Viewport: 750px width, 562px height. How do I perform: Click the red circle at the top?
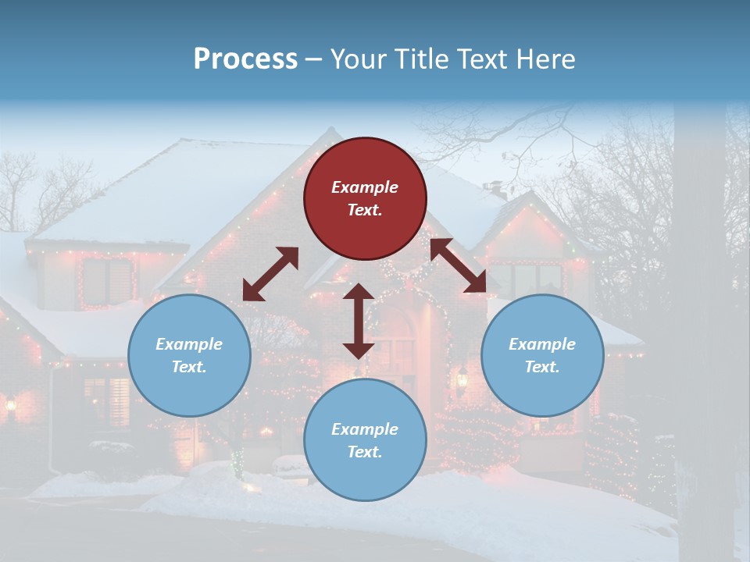pos(365,198)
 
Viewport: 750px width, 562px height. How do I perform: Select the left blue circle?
pos(189,355)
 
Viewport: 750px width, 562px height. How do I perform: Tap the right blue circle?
pos(542,355)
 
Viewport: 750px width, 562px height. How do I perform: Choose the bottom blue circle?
pos(365,440)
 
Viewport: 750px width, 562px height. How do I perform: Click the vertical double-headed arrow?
pos(359,321)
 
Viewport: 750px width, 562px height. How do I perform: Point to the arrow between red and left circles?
pos(270,274)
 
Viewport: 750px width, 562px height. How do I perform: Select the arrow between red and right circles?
pos(458,265)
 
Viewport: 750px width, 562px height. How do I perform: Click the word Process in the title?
pos(245,59)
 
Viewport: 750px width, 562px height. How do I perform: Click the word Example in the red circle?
pos(365,187)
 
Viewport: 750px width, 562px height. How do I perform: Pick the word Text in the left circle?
pos(189,367)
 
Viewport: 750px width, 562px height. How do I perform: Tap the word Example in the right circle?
pos(542,344)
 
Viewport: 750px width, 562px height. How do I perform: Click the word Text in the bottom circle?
pos(365,452)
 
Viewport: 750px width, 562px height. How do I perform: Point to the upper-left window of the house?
pos(108,281)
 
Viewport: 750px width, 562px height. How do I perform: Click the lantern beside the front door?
pos(462,379)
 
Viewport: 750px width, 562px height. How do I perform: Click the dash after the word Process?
pos(314,59)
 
